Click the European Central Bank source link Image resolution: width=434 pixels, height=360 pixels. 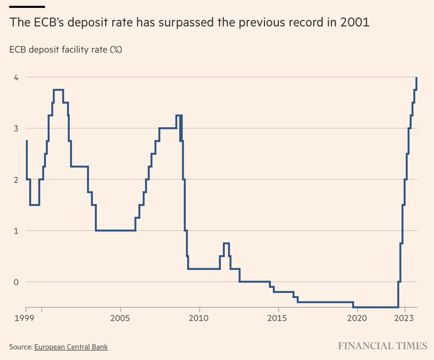[x=71, y=347]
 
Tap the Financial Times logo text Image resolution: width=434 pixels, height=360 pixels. [x=383, y=346]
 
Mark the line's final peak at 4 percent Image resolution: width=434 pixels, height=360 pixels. [x=417, y=78]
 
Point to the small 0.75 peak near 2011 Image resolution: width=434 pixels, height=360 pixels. [x=226, y=243]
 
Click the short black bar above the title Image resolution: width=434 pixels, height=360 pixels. [x=27, y=6]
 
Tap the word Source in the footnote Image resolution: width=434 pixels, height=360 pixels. [x=20, y=347]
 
